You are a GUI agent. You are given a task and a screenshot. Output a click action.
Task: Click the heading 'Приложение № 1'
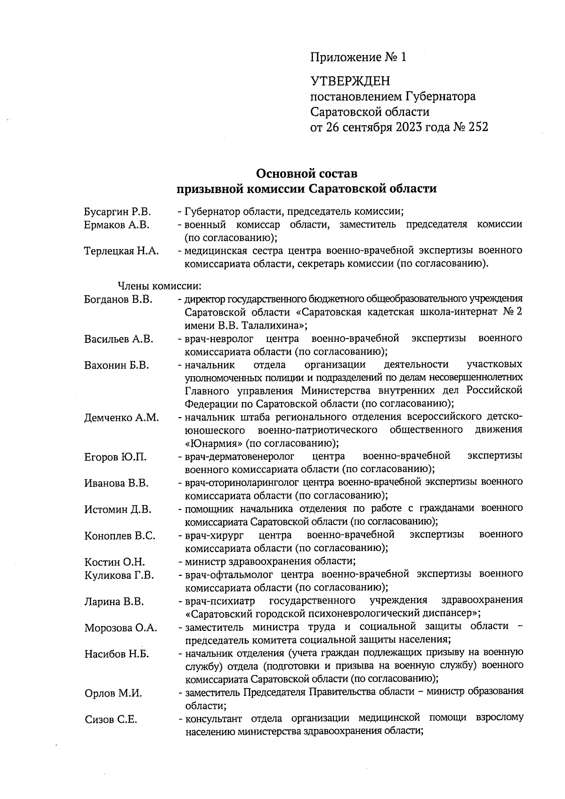[358, 57]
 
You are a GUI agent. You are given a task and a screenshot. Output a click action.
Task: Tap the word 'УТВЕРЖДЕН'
[350, 81]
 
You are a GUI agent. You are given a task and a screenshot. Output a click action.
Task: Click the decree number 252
[478, 127]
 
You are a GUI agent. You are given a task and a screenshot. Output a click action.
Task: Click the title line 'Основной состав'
[307, 173]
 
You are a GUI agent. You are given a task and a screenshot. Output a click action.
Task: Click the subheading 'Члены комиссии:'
[160, 285]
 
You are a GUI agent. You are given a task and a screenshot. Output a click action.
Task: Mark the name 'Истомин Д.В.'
[118, 509]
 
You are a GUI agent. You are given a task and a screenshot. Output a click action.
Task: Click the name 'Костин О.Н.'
[115, 562]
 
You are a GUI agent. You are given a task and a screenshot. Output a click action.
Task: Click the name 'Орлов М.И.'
[113, 693]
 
